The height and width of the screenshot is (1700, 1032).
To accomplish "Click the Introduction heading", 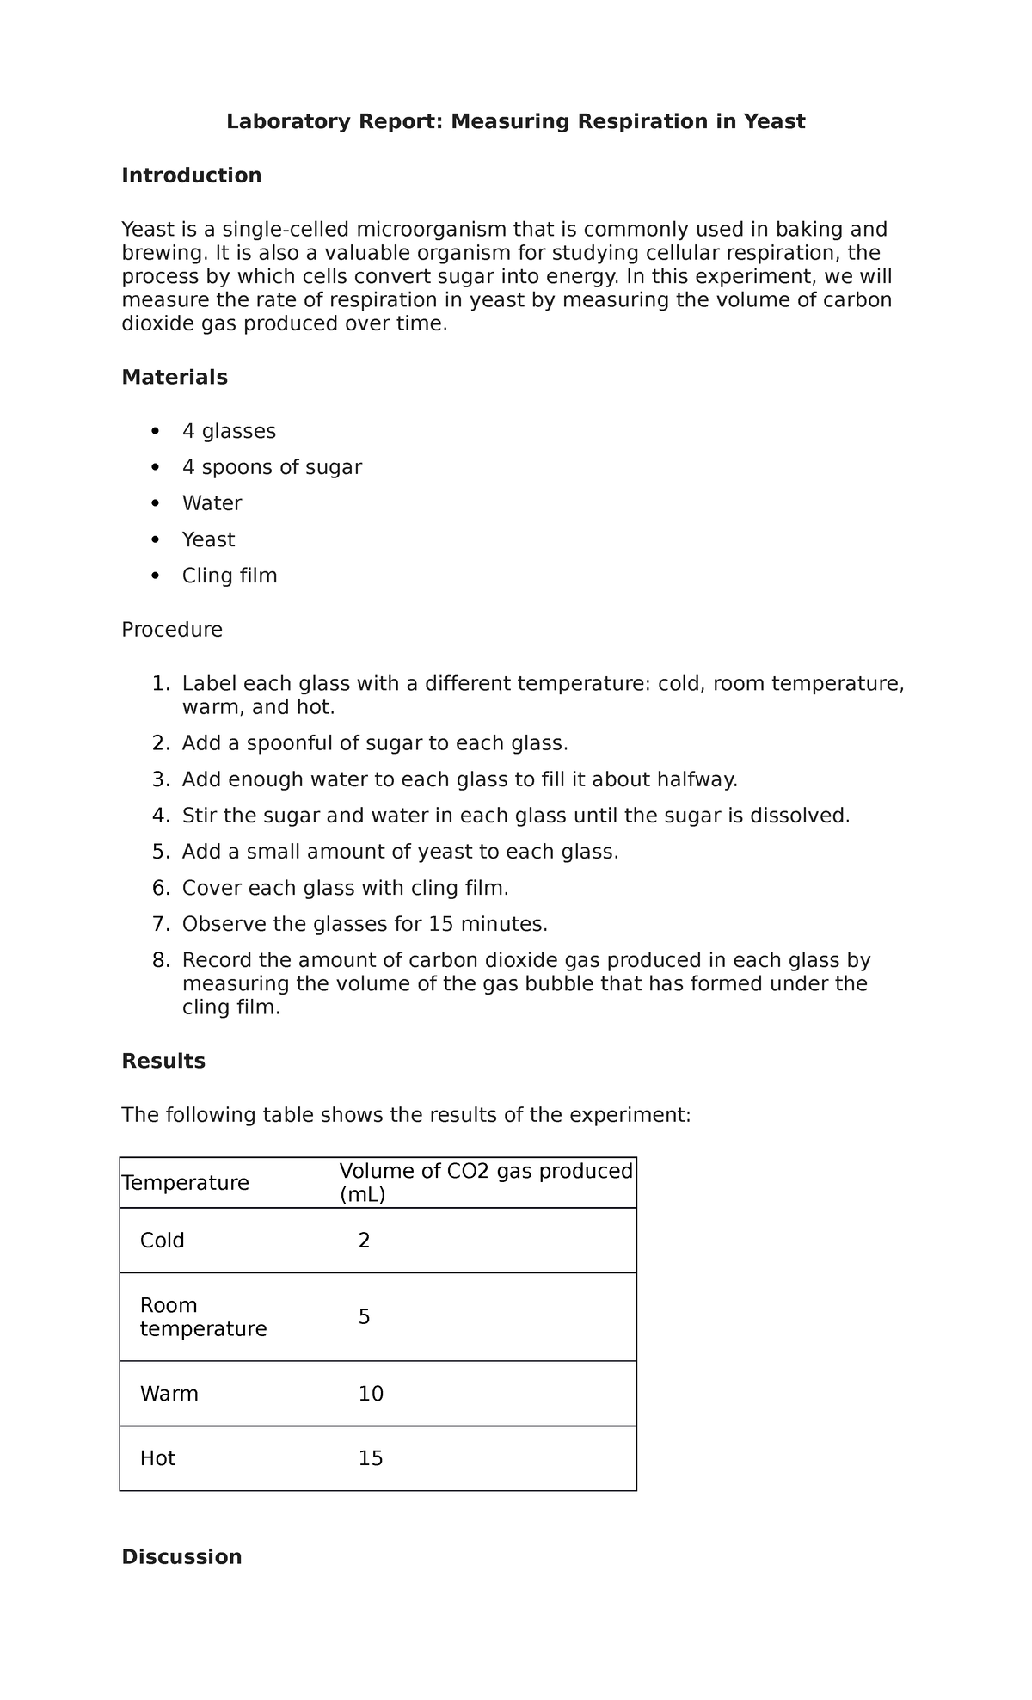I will (191, 176).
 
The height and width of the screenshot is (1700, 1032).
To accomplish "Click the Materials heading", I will (175, 377).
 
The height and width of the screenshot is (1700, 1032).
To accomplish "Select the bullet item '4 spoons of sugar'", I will (272, 467).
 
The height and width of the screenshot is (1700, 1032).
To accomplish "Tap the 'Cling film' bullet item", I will (230, 576).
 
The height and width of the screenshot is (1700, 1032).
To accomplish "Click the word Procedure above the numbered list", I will (172, 630).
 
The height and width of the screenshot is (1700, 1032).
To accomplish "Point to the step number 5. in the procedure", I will (161, 852).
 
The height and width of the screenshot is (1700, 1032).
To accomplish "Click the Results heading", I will (163, 1061).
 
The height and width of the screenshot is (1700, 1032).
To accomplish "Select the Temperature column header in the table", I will (186, 1183).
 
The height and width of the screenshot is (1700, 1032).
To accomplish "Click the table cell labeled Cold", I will (163, 1241).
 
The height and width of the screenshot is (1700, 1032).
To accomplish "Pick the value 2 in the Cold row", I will (364, 1241).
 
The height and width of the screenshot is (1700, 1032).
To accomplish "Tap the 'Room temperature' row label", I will (203, 1317).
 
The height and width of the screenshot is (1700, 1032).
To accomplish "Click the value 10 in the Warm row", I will (371, 1394).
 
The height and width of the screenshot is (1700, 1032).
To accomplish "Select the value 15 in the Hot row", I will (371, 1458).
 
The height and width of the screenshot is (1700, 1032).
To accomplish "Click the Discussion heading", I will (181, 1557).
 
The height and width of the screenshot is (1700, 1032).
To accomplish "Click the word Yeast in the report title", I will (775, 122).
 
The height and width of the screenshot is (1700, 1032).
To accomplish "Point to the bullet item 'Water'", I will (212, 503).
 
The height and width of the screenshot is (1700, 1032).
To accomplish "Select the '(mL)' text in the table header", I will (362, 1195).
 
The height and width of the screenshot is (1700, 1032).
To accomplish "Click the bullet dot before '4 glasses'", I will (155, 430).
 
